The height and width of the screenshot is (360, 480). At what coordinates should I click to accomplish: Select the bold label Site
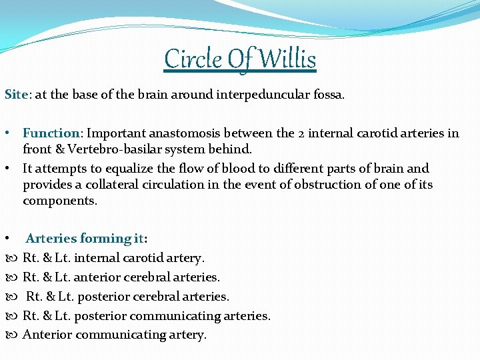(x=16, y=95)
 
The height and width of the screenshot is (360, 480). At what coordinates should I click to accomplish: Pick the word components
(x=59, y=201)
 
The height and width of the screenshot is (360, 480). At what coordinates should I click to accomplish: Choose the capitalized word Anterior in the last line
(x=48, y=335)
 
